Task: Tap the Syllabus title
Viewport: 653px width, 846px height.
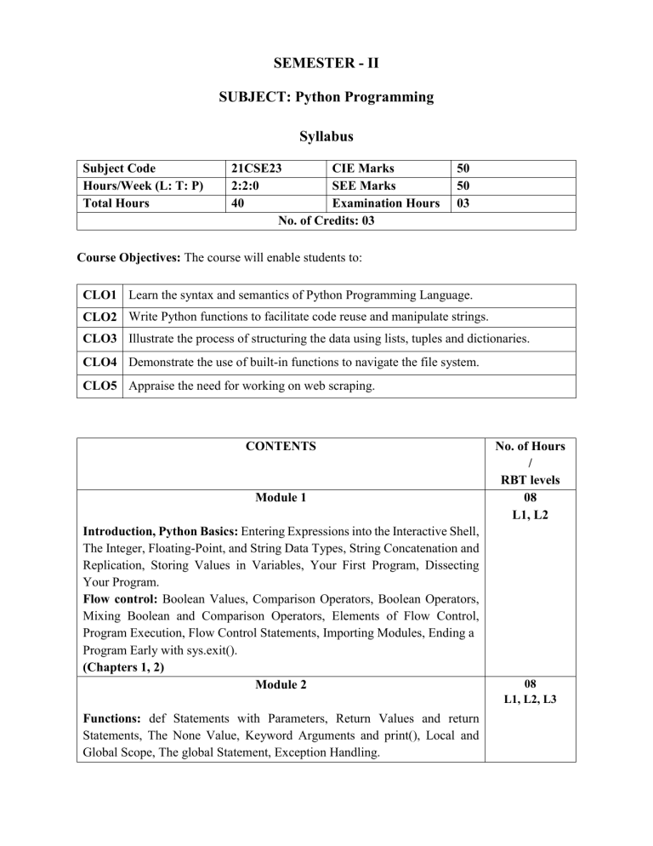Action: pyautogui.click(x=326, y=136)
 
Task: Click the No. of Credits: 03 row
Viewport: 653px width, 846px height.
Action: pyautogui.click(x=326, y=220)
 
